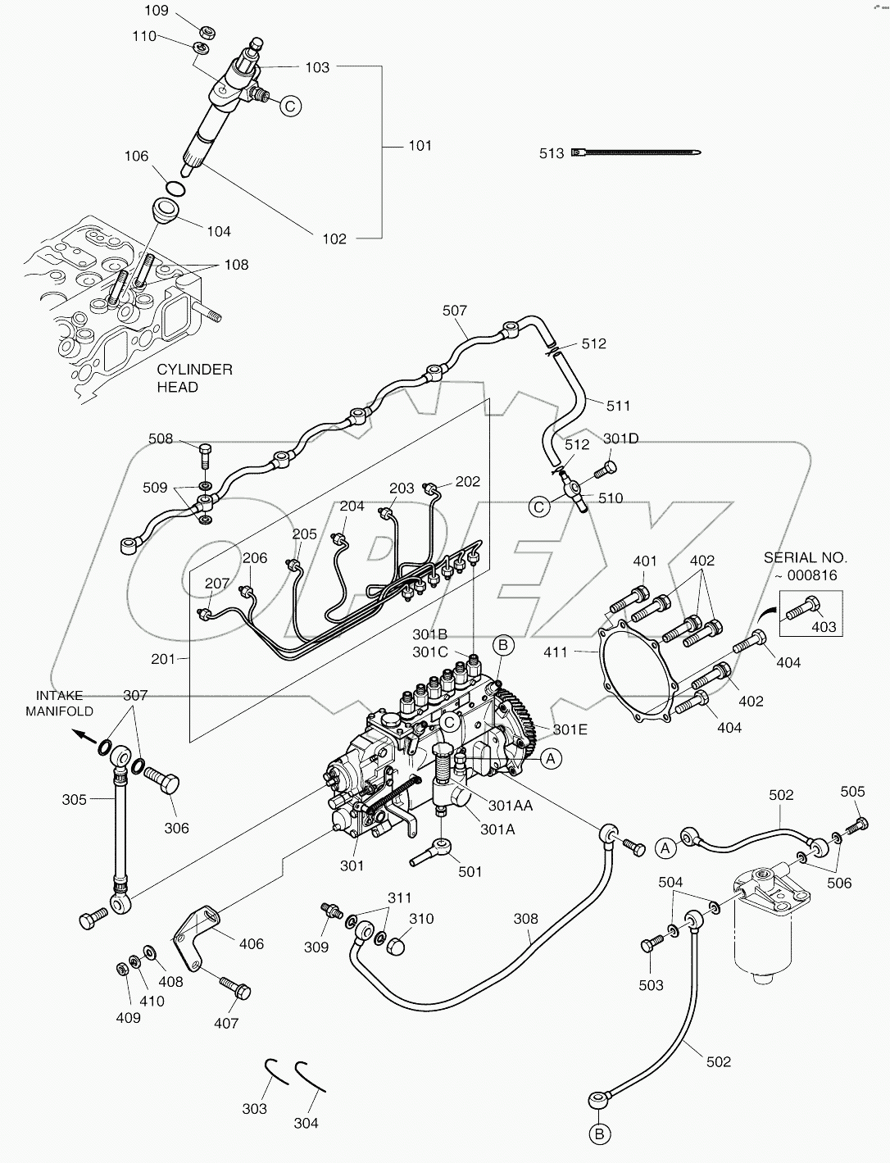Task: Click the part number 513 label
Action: click(x=552, y=153)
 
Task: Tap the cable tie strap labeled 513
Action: click(x=639, y=152)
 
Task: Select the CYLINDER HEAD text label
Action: click(x=194, y=378)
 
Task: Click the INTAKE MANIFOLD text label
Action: click(x=59, y=703)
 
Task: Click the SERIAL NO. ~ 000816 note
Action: click(x=806, y=566)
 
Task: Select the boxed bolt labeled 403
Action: click(x=805, y=608)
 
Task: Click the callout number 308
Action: click(x=527, y=919)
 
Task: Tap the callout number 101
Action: click(x=420, y=146)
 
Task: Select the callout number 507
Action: click(x=455, y=311)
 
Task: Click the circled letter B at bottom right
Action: click(x=599, y=1134)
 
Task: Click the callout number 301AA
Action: click(x=511, y=806)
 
